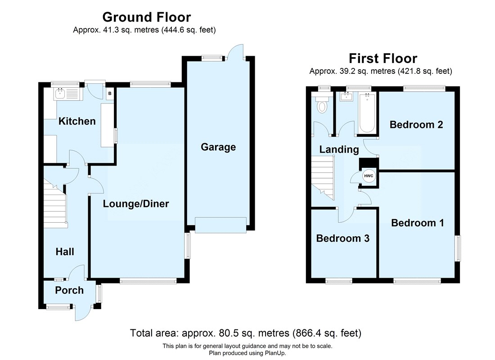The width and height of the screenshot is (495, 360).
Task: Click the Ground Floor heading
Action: pos(146,17)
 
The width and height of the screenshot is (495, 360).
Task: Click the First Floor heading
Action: pos(383,58)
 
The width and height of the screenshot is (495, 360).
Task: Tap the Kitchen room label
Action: pos(77,121)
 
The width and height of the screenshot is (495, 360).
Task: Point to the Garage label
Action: pos(218,147)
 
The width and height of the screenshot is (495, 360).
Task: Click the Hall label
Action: pos(65,252)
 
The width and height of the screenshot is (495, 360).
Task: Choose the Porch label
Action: pos(69,290)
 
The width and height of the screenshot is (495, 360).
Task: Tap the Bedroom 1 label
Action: pos(417,223)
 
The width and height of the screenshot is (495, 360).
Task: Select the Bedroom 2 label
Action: pos(416,125)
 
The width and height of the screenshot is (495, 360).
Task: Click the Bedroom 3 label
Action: pos(342,238)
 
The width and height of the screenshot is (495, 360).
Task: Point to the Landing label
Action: pos(339,149)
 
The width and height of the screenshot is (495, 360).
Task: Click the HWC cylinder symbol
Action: pos(369,176)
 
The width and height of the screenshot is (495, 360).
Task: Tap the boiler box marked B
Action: pos(109,94)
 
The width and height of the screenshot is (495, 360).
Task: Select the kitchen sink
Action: pos(61,94)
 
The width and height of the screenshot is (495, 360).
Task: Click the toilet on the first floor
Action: pos(322,106)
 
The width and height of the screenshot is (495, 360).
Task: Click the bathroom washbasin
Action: pos(347,96)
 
